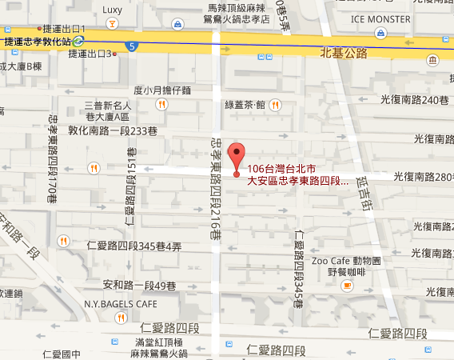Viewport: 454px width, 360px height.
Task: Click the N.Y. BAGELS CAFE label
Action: [121, 304]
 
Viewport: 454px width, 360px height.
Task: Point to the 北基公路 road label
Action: [344, 54]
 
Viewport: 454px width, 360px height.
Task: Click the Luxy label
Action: [113, 10]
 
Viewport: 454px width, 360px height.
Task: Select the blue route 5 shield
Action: [131, 46]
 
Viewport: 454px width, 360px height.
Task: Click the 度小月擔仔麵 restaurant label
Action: [162, 90]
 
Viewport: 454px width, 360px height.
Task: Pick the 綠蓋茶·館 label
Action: [245, 104]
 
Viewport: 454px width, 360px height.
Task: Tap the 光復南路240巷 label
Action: [416, 99]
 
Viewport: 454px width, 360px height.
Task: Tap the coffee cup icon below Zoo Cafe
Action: [346, 286]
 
